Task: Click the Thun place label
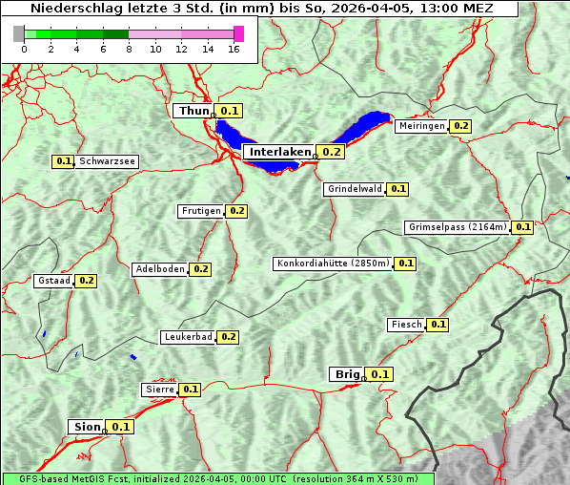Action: (x=193, y=112)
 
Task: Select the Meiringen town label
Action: (x=421, y=126)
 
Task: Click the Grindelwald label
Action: (x=355, y=189)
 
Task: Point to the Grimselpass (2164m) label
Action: (x=457, y=227)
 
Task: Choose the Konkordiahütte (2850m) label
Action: (x=333, y=264)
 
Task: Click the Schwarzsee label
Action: (x=107, y=162)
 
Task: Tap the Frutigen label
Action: (x=200, y=211)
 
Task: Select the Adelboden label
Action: (x=159, y=269)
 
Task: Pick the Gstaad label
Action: (x=53, y=281)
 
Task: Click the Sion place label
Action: (x=84, y=427)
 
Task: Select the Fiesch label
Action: (x=406, y=325)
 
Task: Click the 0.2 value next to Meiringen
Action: (x=461, y=126)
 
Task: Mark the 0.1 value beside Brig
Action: (x=380, y=374)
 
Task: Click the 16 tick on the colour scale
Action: (x=234, y=49)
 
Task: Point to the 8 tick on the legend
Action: (x=129, y=49)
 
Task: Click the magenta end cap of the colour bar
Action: (x=238, y=33)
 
